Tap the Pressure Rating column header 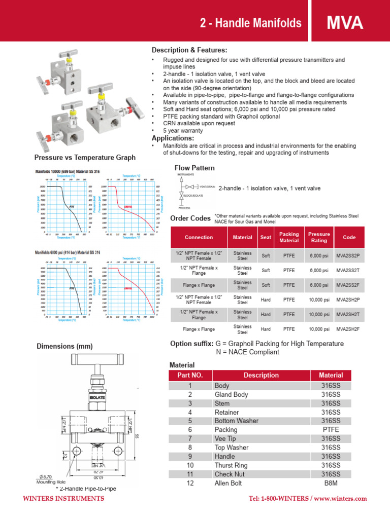(319, 237)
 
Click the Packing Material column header (289, 237)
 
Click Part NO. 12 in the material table (190, 483)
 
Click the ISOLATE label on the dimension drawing (97, 398)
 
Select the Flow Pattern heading (194, 168)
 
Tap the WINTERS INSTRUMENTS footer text (64, 499)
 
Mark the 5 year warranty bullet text (183, 131)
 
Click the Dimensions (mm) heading (64, 347)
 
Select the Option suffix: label (191, 344)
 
